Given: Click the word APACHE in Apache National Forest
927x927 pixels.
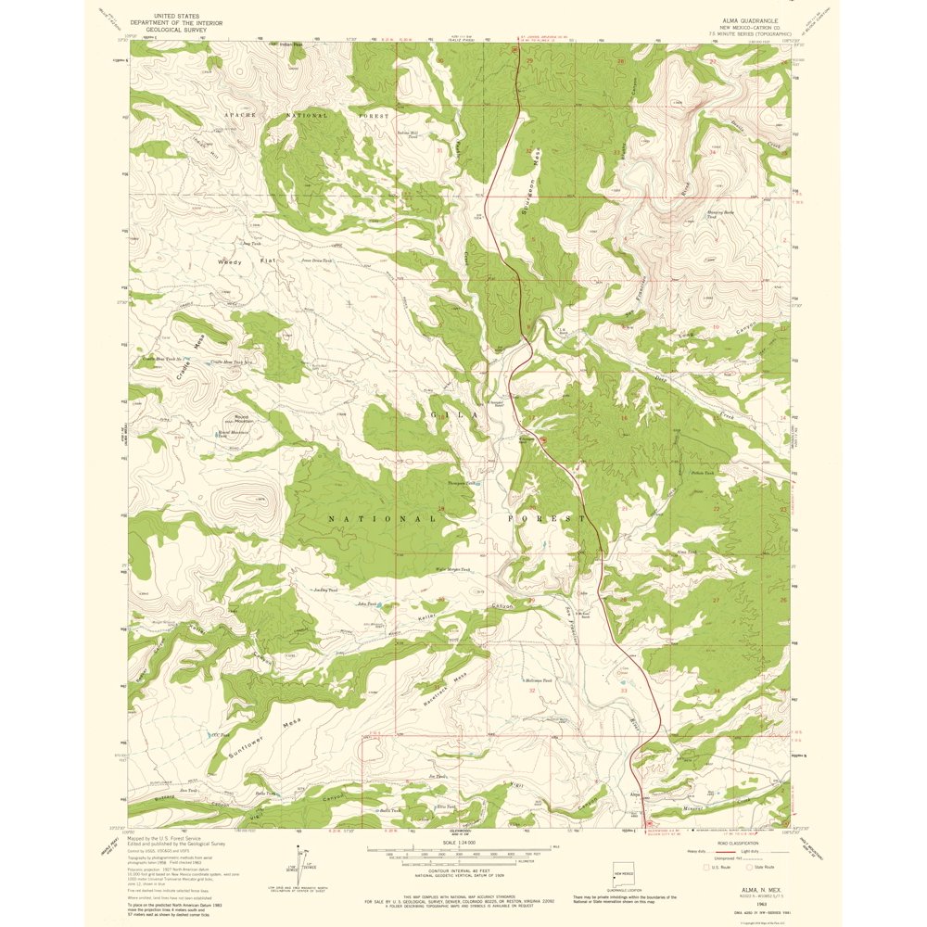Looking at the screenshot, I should click(x=238, y=115).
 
